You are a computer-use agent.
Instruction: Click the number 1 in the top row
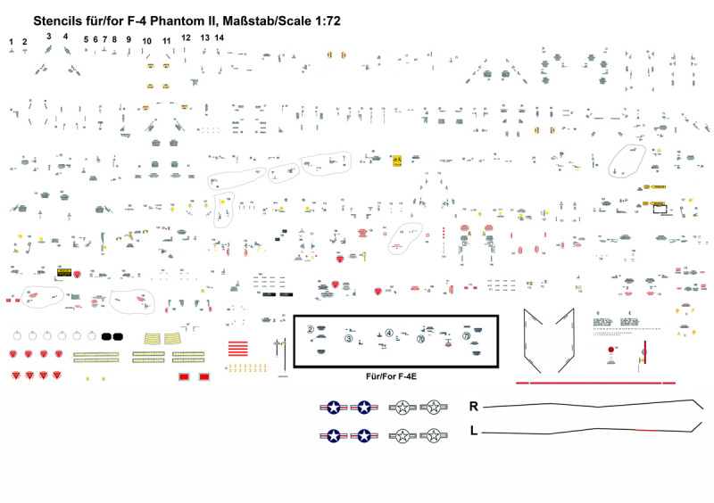[x=11, y=42]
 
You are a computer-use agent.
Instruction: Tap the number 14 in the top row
[x=220, y=37]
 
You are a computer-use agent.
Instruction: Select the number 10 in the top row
[x=146, y=41]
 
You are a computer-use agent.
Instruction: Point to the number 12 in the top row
[x=186, y=37]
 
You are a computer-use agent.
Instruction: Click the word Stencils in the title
[x=60, y=18]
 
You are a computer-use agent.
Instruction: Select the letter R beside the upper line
[x=474, y=407]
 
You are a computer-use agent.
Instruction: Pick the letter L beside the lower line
[x=473, y=431]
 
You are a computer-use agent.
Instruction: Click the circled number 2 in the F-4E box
[x=310, y=328]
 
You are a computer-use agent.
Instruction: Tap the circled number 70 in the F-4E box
[x=420, y=339]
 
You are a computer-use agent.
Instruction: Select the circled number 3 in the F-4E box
[x=349, y=339]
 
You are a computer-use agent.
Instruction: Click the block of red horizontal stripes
[x=238, y=349]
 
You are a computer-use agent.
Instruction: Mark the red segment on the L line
[x=644, y=430]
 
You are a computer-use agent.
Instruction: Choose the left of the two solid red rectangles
[x=185, y=378]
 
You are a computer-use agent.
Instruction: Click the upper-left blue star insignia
[x=333, y=408]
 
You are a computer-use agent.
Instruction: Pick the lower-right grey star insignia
[x=435, y=436]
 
